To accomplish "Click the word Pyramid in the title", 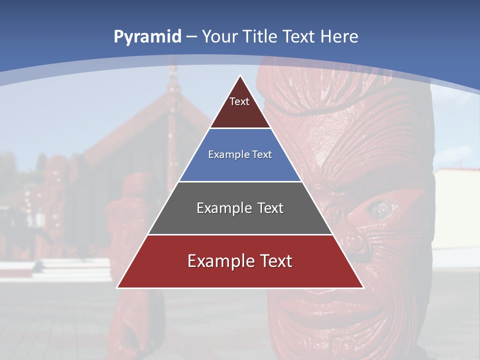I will click(x=147, y=37).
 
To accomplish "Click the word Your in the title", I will click(x=219, y=36).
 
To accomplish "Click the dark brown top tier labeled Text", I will click(x=240, y=107).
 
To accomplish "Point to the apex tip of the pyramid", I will click(x=240, y=76).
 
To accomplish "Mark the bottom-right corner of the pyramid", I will click(x=363, y=287).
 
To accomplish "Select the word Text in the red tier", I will click(x=272, y=261).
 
